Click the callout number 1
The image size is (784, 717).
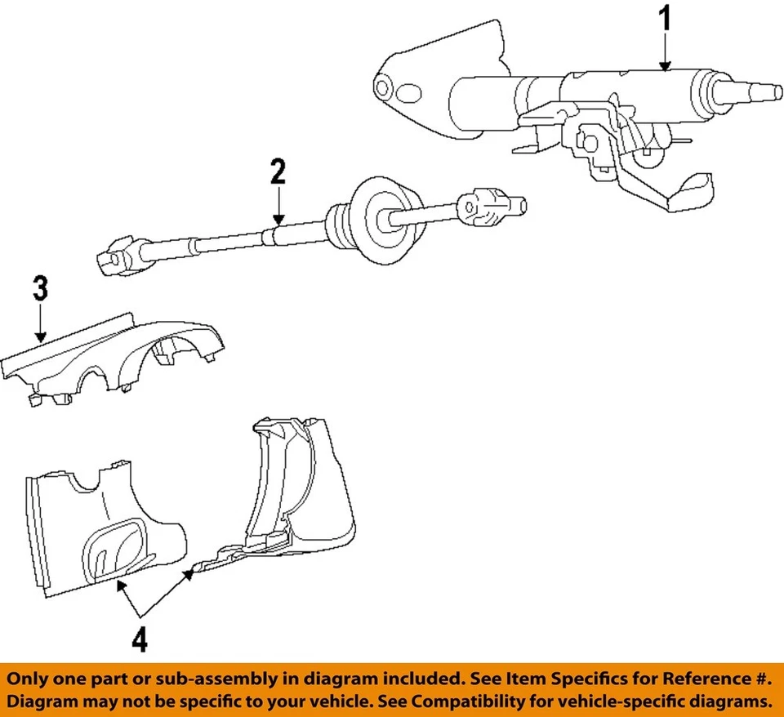[x=666, y=20]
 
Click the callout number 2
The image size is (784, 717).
[x=278, y=172]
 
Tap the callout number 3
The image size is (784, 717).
[x=40, y=290]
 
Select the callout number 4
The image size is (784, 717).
[x=140, y=639]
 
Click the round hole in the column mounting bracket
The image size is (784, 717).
[x=381, y=87]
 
